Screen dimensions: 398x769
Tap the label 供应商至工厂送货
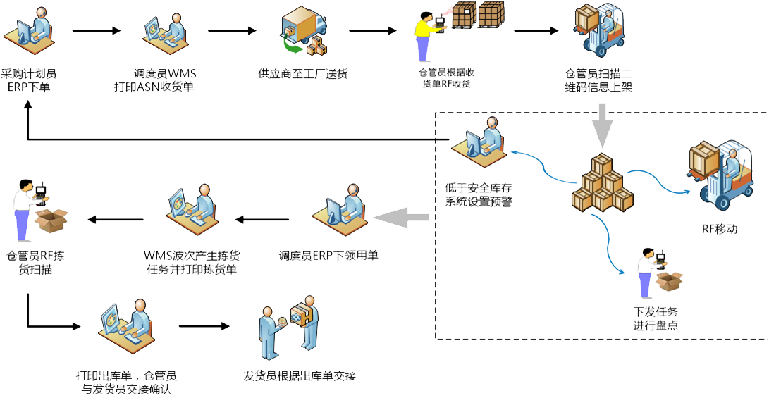click(x=302, y=74)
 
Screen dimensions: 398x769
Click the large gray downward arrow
click(x=601, y=124)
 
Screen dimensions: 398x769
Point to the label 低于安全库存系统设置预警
click(x=479, y=196)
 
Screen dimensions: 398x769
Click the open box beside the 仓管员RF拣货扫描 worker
click(x=50, y=220)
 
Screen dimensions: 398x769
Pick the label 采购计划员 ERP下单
click(x=29, y=80)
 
